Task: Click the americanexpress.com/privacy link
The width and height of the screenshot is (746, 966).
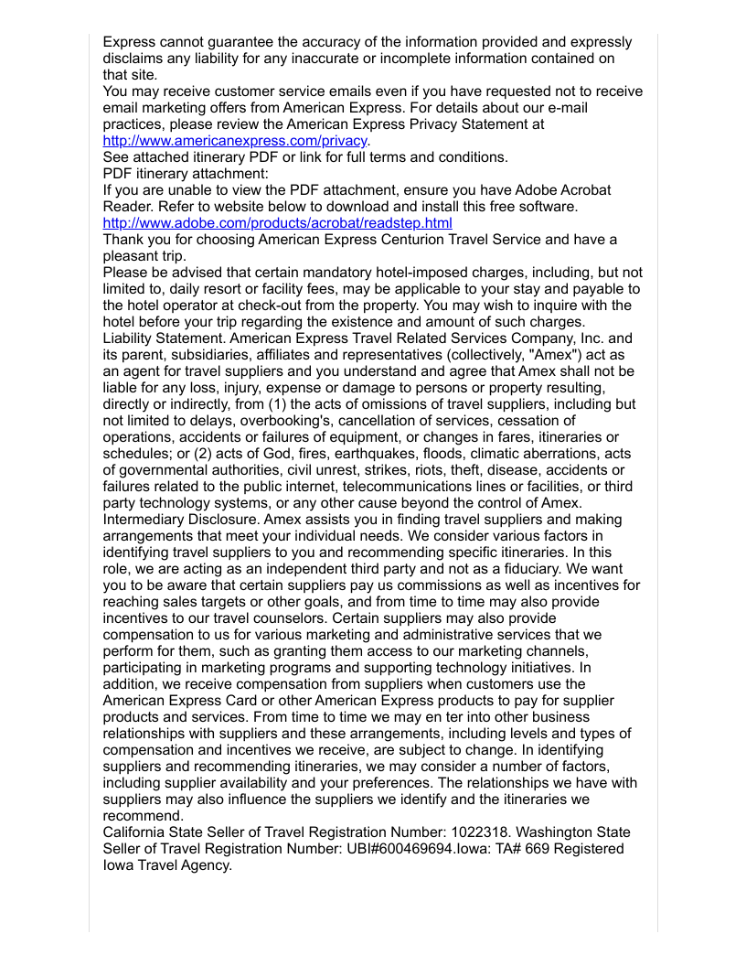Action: pos(235,141)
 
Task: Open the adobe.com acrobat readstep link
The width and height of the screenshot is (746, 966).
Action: pos(277,223)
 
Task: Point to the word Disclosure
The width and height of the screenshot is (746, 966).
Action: pos(225,520)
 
